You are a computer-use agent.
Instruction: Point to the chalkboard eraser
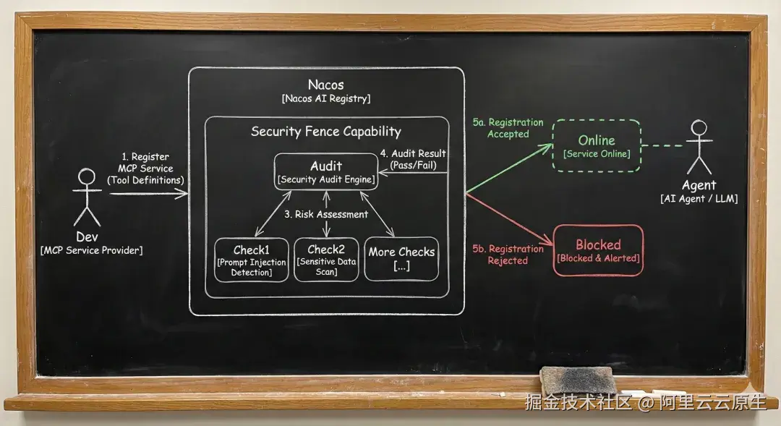(578, 380)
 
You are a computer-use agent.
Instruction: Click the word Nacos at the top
(325, 85)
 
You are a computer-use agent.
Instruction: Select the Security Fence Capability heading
(326, 132)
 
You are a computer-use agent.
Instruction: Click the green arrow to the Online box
(509, 169)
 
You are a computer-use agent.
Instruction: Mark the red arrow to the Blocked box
(509, 219)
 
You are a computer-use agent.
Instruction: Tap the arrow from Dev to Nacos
(149, 194)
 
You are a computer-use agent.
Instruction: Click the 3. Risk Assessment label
(326, 214)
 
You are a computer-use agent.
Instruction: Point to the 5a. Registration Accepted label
(508, 128)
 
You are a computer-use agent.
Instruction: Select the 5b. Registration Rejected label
(508, 255)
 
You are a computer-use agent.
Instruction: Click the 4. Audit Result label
(413, 159)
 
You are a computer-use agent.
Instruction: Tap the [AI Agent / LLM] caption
(699, 199)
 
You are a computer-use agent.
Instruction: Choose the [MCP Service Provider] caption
(92, 250)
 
